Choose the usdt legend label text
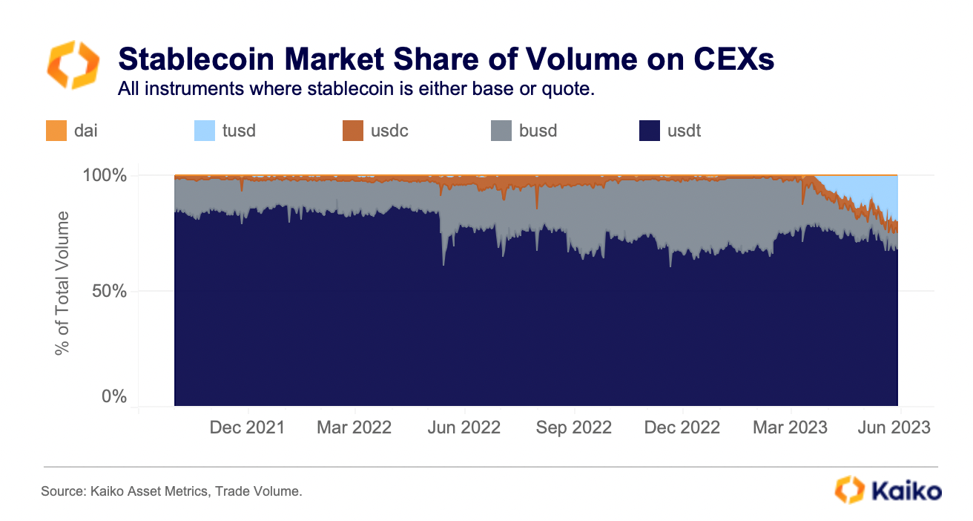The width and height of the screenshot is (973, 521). [x=684, y=131]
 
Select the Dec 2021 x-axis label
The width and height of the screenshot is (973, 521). [x=247, y=427]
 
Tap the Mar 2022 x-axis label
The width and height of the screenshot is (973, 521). [x=355, y=427]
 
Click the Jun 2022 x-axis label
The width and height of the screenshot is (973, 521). [x=465, y=427]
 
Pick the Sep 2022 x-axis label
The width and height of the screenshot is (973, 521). [x=574, y=427]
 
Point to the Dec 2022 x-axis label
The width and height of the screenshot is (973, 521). [x=682, y=427]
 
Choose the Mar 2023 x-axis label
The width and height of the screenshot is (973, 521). [x=791, y=427]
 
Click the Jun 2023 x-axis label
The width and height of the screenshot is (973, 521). [x=894, y=427]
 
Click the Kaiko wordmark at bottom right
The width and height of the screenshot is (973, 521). [x=906, y=491]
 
